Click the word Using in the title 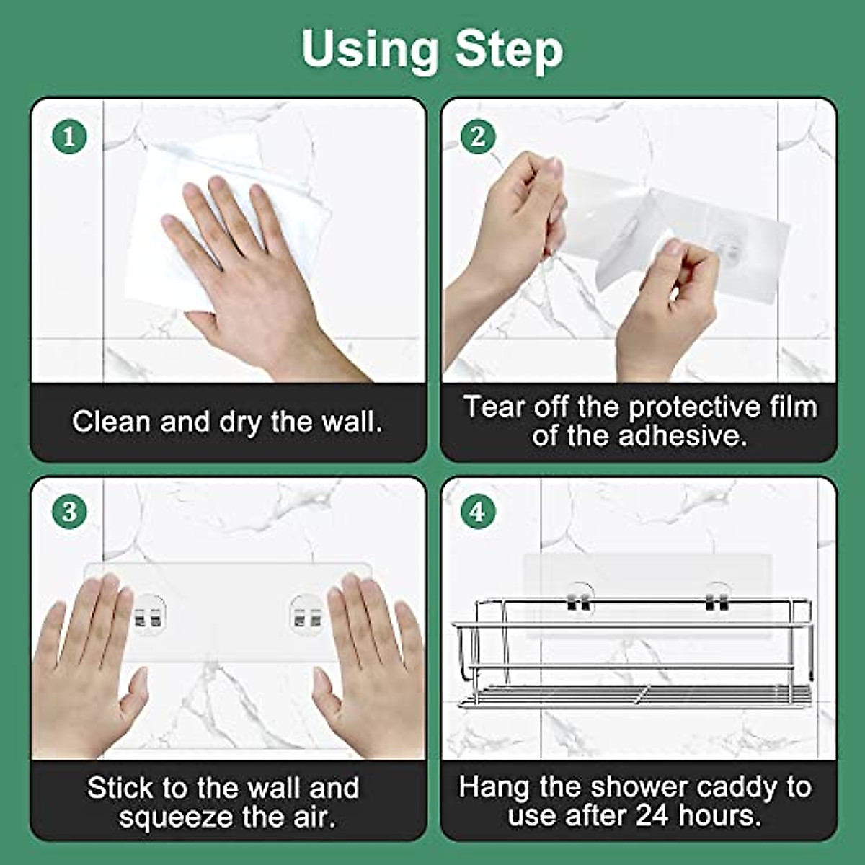click(368, 50)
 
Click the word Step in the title click(509, 50)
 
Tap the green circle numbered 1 click(69, 136)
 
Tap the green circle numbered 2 click(478, 136)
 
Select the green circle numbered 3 click(69, 513)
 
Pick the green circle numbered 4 click(478, 513)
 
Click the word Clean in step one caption click(112, 422)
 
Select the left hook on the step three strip click(149, 617)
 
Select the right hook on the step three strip click(307, 617)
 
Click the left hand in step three click(86, 663)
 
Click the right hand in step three click(375, 663)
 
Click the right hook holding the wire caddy click(717, 600)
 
